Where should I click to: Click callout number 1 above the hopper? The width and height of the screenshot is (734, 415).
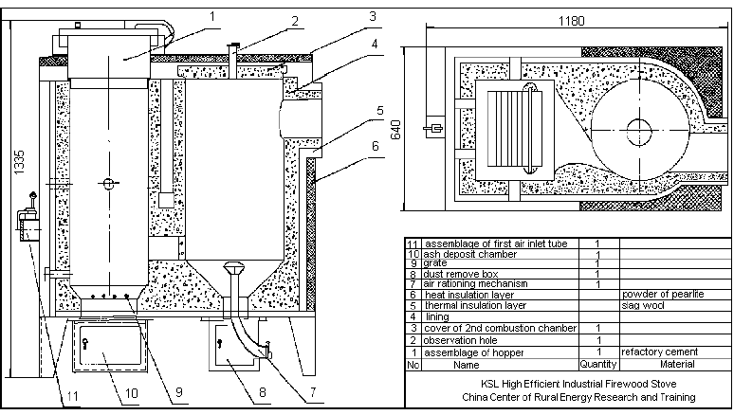coord(212,15)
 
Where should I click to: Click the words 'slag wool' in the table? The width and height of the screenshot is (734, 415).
coord(641,306)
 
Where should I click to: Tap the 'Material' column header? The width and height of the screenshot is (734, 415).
coord(654,364)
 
